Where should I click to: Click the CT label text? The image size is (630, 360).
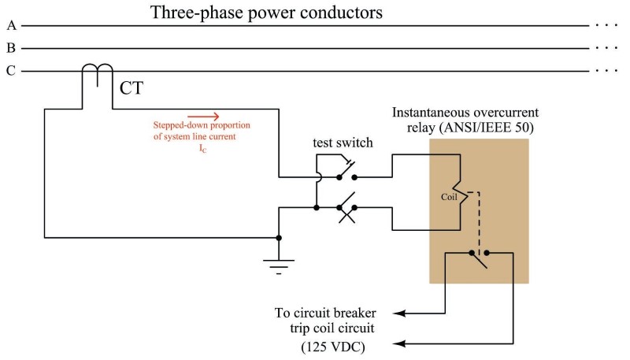pos(131,87)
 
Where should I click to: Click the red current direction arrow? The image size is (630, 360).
pos(202,116)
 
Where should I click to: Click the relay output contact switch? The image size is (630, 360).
pos(480,258)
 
